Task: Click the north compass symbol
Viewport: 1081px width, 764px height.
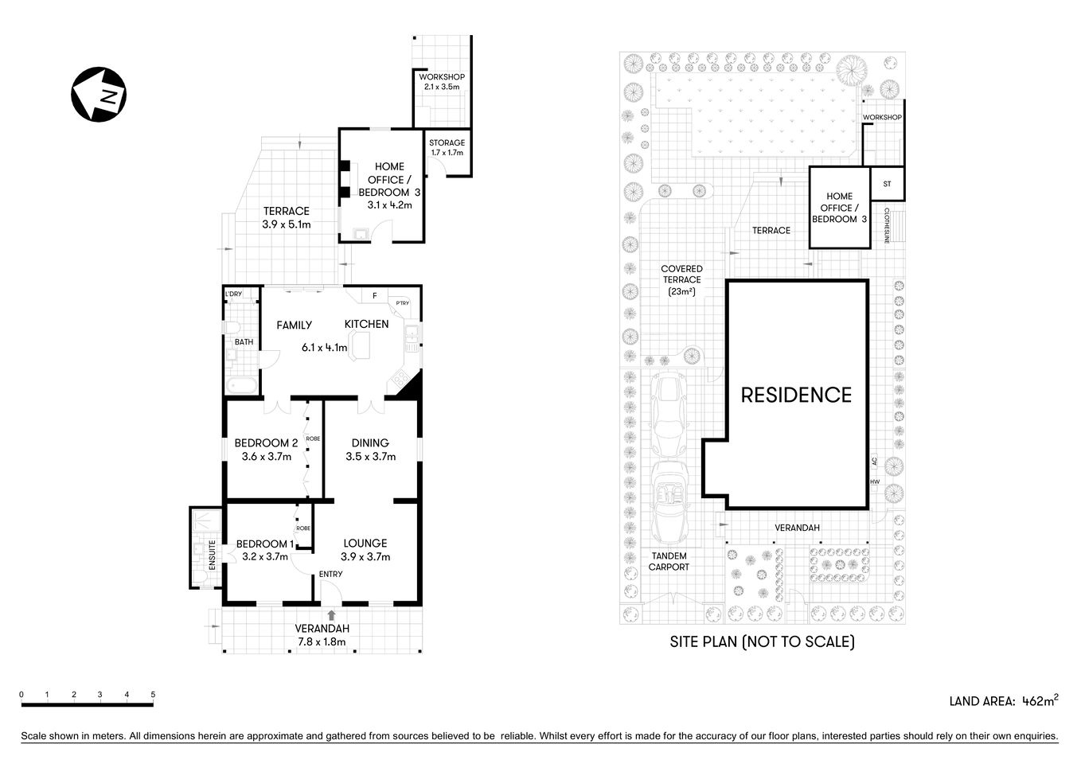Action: pyautogui.click(x=99, y=95)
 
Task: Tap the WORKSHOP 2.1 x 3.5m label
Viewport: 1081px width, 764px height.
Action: pyautogui.click(x=442, y=81)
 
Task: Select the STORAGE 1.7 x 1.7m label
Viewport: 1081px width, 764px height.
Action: pyautogui.click(x=447, y=147)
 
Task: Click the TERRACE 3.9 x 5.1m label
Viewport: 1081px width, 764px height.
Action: pyautogui.click(x=286, y=217)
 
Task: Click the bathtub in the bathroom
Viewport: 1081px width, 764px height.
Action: pyautogui.click(x=241, y=386)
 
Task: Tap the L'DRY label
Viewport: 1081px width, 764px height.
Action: pyautogui.click(x=233, y=294)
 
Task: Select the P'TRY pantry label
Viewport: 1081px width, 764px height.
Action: pyautogui.click(x=403, y=302)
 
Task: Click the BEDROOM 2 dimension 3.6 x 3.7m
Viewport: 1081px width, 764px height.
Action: pyautogui.click(x=266, y=457)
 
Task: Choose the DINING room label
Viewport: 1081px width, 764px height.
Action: pyautogui.click(x=370, y=443)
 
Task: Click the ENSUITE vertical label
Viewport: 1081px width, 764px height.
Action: pyautogui.click(x=213, y=554)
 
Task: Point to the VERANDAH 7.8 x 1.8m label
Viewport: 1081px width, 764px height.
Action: pyautogui.click(x=322, y=634)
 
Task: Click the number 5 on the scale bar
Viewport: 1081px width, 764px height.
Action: pyautogui.click(x=153, y=695)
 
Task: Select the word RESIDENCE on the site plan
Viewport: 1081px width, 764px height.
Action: pyautogui.click(x=796, y=395)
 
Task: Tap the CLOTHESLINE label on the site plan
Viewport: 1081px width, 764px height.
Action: pyautogui.click(x=887, y=226)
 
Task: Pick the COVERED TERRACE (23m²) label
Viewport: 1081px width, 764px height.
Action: pyautogui.click(x=682, y=280)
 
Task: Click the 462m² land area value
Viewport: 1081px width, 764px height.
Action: pyautogui.click(x=1040, y=701)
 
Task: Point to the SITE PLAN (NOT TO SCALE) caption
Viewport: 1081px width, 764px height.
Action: pyautogui.click(x=762, y=641)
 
